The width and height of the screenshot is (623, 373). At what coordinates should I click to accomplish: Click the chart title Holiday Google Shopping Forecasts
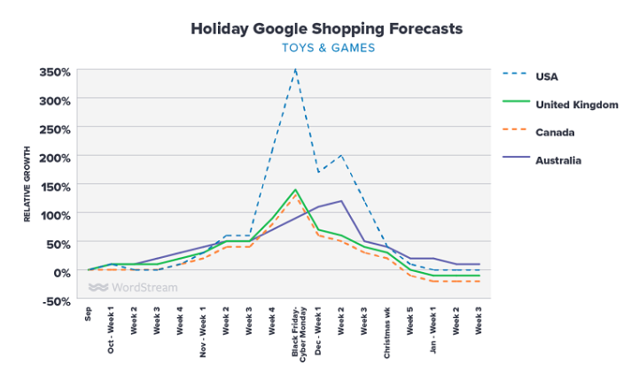327,28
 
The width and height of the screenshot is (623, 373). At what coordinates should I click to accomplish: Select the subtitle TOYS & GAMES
327,48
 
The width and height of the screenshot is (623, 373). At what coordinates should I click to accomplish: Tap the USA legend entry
547,75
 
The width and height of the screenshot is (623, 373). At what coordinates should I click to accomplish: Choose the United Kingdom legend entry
576,104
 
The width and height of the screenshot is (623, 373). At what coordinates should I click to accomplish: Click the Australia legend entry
558,160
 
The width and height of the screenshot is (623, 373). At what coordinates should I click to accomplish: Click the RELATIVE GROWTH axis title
27,184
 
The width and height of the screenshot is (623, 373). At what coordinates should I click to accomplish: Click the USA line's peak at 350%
295,69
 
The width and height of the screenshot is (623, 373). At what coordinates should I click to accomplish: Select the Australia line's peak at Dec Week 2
341,201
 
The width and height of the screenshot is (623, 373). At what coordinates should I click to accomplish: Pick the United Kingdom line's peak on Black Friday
295,190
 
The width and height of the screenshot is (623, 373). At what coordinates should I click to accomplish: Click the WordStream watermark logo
133,287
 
